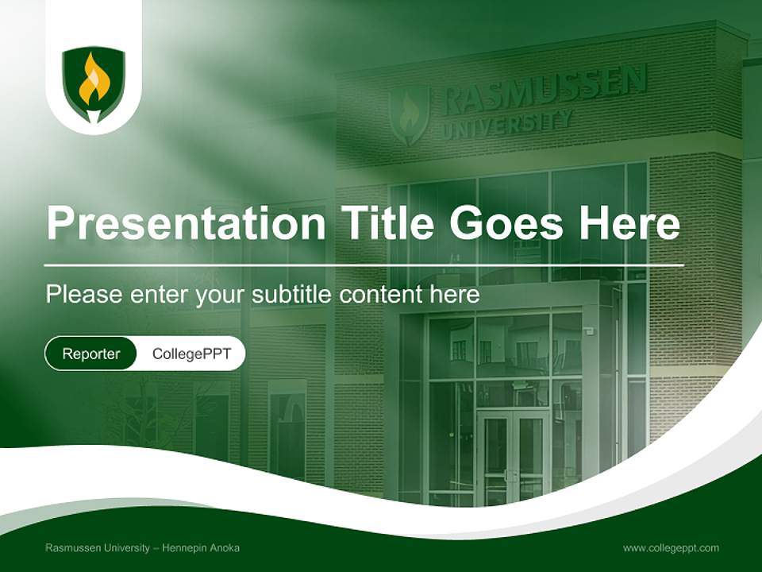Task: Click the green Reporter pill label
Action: tap(91, 354)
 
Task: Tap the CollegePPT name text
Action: tap(191, 354)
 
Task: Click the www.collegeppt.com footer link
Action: tap(671, 548)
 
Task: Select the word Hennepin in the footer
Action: tap(187, 548)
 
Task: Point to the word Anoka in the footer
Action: tap(225, 548)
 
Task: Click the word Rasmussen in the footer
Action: tap(72, 548)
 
